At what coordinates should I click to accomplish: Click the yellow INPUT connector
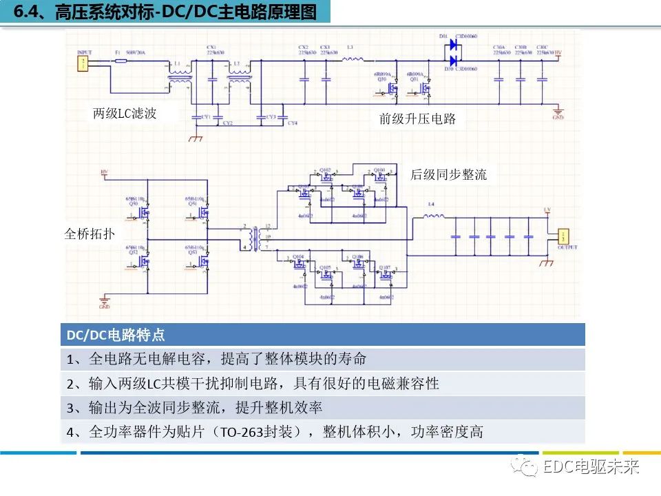point(83,64)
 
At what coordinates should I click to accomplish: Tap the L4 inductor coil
point(432,216)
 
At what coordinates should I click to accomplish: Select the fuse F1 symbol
point(120,61)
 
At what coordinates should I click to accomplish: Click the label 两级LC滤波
point(125,114)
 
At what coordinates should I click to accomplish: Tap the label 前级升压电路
point(417,118)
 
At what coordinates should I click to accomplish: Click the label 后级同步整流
point(448,175)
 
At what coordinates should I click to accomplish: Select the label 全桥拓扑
point(90,234)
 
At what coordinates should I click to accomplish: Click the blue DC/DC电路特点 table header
point(322,335)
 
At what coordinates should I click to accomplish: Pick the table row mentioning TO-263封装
point(322,432)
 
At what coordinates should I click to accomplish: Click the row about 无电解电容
point(322,359)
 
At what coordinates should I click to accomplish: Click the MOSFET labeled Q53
point(203,260)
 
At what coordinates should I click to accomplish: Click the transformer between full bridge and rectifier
point(259,238)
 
